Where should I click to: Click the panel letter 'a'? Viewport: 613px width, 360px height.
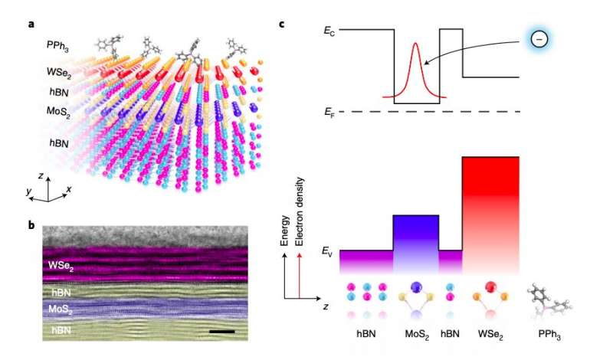[x=31, y=24]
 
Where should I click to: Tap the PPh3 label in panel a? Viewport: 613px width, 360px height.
[x=57, y=48]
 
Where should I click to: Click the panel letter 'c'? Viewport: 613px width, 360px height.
[x=282, y=24]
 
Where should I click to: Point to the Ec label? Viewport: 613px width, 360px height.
[x=329, y=31]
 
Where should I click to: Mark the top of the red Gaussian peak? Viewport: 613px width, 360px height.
[x=416, y=44]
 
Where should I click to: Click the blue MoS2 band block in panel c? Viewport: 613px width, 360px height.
[x=415, y=241]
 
